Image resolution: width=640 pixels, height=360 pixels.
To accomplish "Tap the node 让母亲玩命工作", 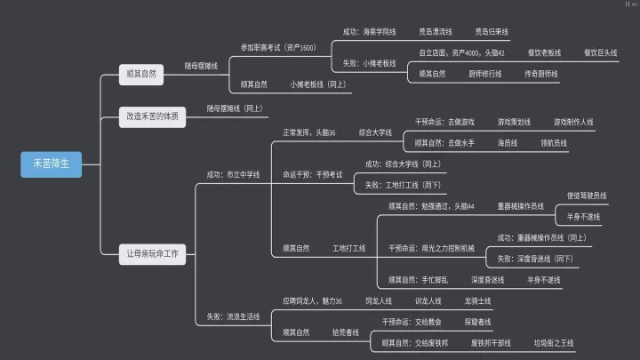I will click(153, 254).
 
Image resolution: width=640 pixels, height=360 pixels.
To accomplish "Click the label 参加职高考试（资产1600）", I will click(278, 47).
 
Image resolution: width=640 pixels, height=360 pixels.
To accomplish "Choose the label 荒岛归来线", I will click(492, 31).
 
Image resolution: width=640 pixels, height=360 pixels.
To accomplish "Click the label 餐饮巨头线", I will click(601, 53).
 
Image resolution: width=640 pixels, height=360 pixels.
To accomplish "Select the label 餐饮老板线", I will click(544, 53).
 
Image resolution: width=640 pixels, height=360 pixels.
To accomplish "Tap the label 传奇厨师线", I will click(541, 75).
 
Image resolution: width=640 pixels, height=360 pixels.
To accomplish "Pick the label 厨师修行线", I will click(487, 75).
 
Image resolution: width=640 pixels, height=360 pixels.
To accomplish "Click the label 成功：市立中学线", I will click(233, 174).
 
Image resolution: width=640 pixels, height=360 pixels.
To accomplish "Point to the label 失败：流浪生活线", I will click(233, 316).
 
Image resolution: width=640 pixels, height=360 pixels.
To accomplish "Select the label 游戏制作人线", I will click(573, 121).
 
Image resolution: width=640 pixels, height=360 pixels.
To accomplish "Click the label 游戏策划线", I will click(514, 121).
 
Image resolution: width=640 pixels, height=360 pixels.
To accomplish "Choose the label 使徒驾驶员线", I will click(587, 195).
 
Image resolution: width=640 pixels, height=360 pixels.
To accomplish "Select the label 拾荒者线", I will click(346, 332).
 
